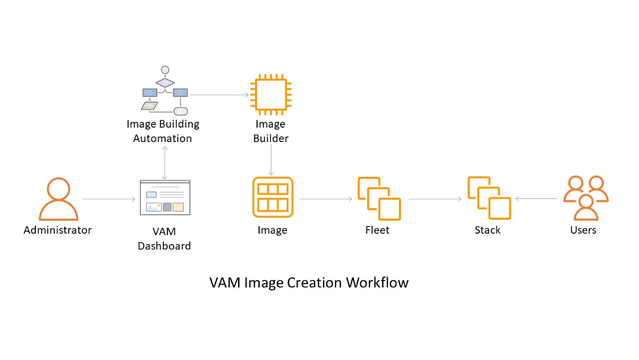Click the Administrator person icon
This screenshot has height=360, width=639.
click(58, 199)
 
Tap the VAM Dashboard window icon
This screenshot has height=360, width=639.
click(165, 198)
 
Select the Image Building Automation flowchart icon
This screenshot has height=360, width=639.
click(164, 91)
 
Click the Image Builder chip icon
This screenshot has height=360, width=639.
click(270, 95)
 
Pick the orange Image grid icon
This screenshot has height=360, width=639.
click(273, 197)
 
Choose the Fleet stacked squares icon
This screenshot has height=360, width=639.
click(379, 198)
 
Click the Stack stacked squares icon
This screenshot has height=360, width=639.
click(489, 198)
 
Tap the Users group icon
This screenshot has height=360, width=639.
click(586, 198)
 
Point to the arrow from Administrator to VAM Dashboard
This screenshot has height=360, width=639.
click(108, 198)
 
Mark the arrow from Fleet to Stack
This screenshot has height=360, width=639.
click(435, 198)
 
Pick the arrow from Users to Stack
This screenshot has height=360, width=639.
click(538, 198)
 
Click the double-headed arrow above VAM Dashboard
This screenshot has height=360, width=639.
click(165, 163)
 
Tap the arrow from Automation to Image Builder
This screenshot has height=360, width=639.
click(219, 95)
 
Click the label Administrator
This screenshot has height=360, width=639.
click(58, 230)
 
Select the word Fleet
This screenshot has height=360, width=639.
click(377, 230)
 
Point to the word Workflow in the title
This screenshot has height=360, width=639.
click(377, 283)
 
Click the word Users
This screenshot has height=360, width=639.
click(583, 230)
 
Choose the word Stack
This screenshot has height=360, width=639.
click(487, 230)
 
